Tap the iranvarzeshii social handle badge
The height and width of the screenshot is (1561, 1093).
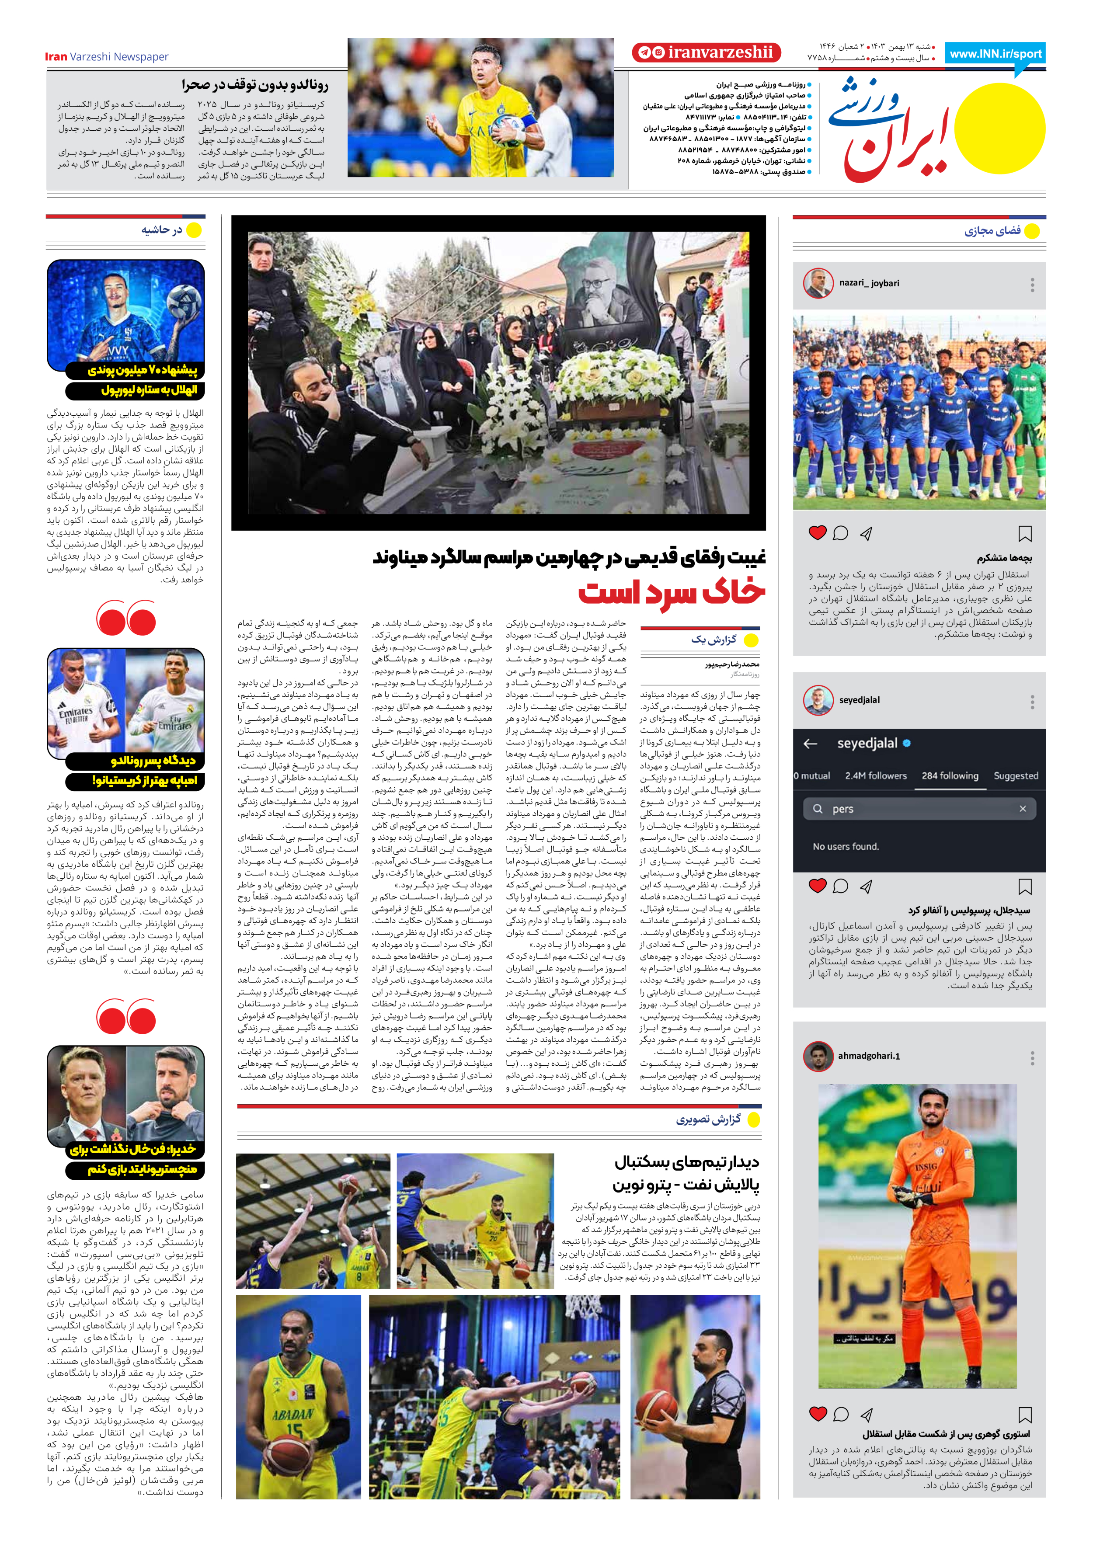[x=707, y=52]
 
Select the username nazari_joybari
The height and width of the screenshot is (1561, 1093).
[x=869, y=283]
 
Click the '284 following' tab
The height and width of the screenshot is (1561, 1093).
[x=950, y=776]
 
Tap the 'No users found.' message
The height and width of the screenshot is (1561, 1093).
[x=846, y=846]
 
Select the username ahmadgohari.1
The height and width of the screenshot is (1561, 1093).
[x=869, y=1056]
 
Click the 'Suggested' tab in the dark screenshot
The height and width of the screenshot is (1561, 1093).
[x=1016, y=776]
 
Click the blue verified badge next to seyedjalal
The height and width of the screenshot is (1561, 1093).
[x=907, y=743]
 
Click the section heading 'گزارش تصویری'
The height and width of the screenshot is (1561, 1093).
[x=708, y=1120]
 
